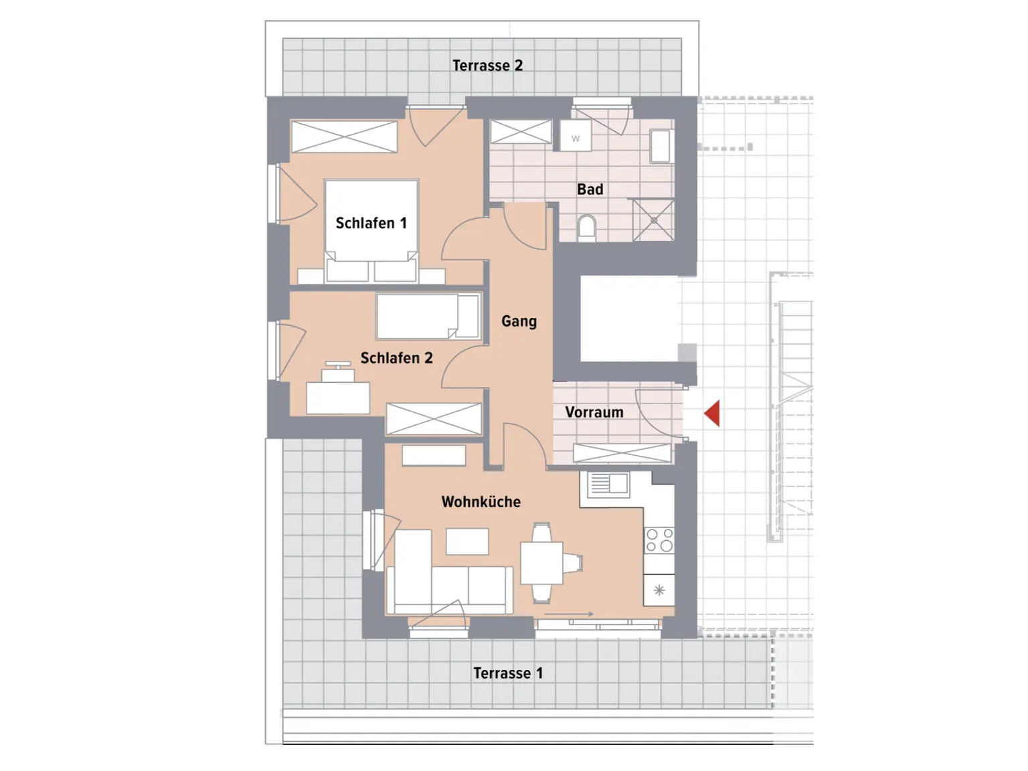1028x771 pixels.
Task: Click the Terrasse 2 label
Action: tap(487, 66)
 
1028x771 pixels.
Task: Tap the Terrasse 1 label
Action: tap(508, 673)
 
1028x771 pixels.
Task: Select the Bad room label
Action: tap(590, 189)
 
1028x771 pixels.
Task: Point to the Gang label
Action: tap(519, 321)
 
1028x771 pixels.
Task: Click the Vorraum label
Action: tap(594, 412)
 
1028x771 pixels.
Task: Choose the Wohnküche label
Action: tap(481, 502)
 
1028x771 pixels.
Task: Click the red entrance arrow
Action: tap(712, 414)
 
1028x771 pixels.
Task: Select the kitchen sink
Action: tap(608, 484)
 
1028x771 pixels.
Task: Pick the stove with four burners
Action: tap(659, 540)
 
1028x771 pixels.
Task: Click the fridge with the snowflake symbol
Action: tap(659, 590)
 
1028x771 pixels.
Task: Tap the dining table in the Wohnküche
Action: tap(542, 563)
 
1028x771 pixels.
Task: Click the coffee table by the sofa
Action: tap(467, 541)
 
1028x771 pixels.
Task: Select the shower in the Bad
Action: tap(653, 220)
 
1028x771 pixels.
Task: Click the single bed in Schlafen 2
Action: tap(428, 317)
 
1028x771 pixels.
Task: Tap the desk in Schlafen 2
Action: tap(338, 398)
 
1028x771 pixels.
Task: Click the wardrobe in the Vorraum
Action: tap(622, 453)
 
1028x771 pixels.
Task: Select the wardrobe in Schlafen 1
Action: tap(344, 137)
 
